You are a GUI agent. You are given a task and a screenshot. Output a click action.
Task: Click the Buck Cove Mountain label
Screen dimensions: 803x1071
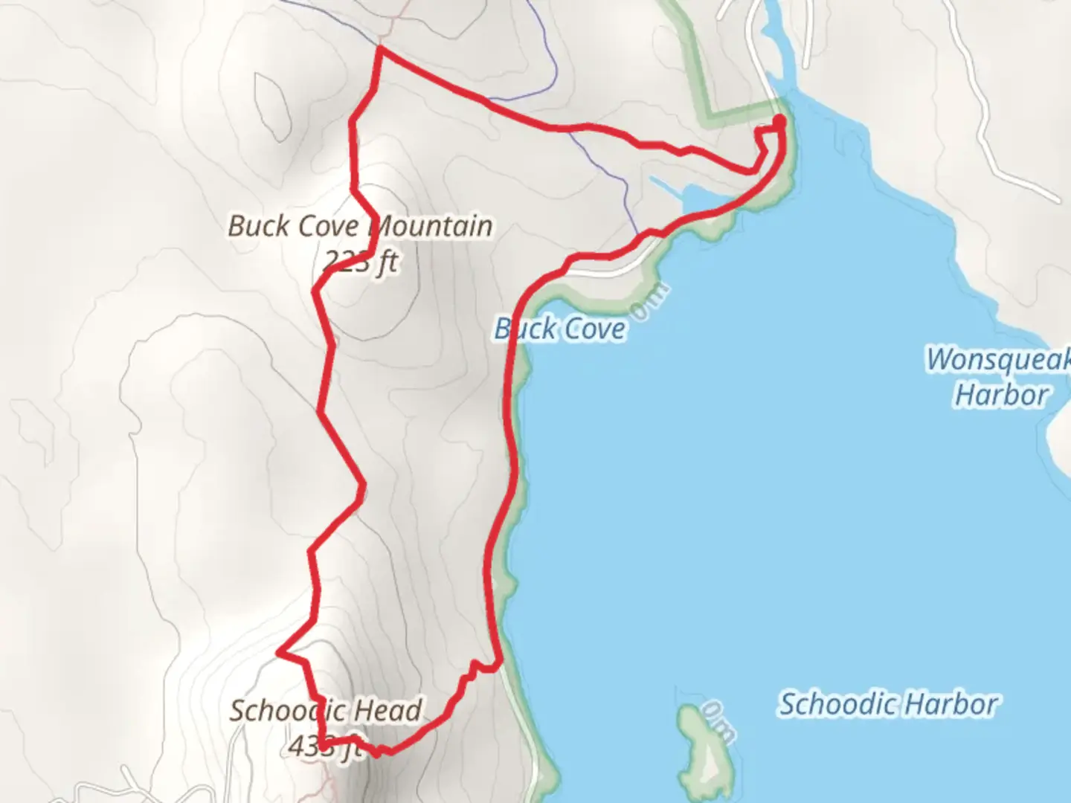[x=360, y=226]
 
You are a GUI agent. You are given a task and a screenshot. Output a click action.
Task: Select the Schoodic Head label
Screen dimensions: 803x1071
[x=326, y=710]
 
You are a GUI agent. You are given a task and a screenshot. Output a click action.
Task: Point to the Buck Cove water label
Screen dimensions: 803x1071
[x=560, y=329]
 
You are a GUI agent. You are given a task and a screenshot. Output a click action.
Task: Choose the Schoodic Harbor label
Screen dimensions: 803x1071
[x=888, y=703]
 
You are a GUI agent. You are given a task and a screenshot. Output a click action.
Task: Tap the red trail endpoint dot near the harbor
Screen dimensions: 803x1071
[x=779, y=120]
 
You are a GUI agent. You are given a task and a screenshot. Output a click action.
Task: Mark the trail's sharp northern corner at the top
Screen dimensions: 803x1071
[x=381, y=49]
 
